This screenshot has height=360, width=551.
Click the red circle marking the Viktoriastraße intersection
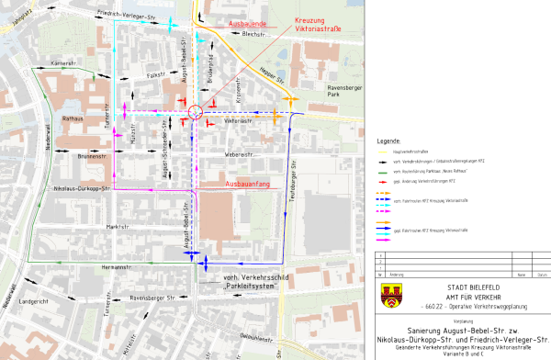point(195,112)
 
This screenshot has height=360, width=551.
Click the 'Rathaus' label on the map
point(73,118)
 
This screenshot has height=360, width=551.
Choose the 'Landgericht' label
point(33,300)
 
